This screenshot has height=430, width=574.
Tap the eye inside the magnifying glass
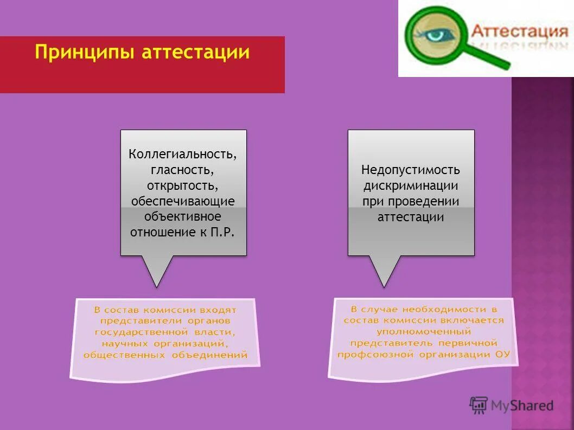pyautogui.click(x=435, y=34)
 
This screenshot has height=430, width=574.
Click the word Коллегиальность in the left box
pyautogui.click(x=183, y=155)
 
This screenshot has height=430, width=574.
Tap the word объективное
pyautogui.click(x=182, y=217)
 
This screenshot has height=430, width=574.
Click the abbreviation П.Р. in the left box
pyautogui.click(x=224, y=233)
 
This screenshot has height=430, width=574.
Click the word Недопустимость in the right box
pyautogui.click(x=411, y=170)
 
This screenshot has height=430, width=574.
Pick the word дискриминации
pyautogui.click(x=411, y=186)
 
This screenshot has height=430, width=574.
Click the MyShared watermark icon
pyautogui.click(x=478, y=405)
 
